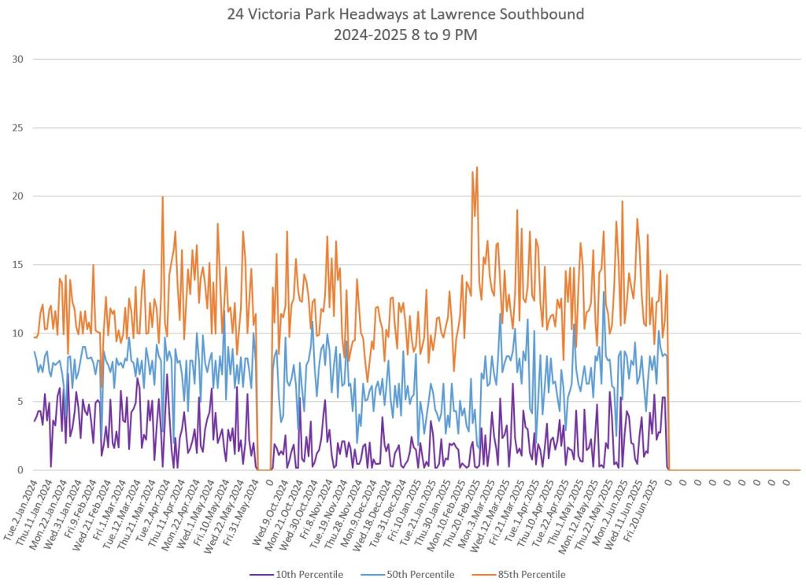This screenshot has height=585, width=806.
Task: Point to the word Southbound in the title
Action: pos(552,15)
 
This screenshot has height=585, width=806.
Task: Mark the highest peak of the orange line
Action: pos(477,167)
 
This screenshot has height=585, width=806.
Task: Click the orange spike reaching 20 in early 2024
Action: pos(162,197)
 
